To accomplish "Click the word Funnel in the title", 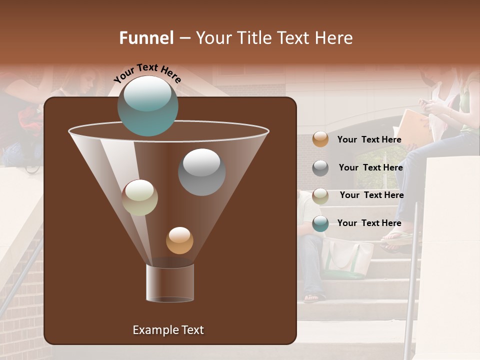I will pyautogui.click(x=146, y=38).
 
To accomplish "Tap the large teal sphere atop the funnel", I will pyautogui.click(x=148, y=106).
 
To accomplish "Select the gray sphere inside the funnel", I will pyautogui.click(x=201, y=172).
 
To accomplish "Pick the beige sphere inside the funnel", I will pyautogui.click(x=139, y=197).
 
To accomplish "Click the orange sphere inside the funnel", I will pyautogui.click(x=179, y=240).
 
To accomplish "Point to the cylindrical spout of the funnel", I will pyautogui.click(x=170, y=283).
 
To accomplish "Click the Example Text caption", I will pyautogui.click(x=168, y=330).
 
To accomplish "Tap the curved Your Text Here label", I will pyautogui.click(x=147, y=73).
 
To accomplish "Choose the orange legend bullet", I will pyautogui.click(x=320, y=139).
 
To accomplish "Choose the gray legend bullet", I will pyautogui.click(x=320, y=168).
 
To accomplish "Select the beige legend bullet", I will pyautogui.click(x=320, y=196).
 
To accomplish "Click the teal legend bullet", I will pyautogui.click(x=320, y=223).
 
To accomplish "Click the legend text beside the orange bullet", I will pyautogui.click(x=369, y=139).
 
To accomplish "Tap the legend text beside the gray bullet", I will pyautogui.click(x=370, y=167).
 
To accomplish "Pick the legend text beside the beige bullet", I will pyautogui.click(x=371, y=195).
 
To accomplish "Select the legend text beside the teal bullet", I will pyautogui.click(x=369, y=223).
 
